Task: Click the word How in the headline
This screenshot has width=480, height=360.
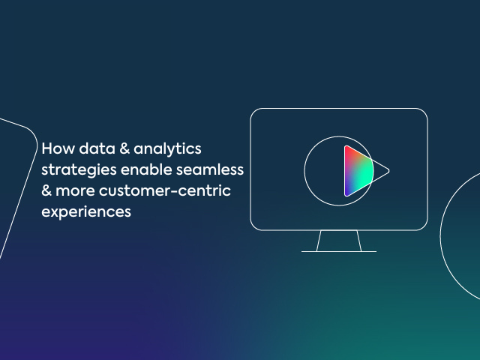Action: click(58, 148)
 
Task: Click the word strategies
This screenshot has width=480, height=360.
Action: click(79, 170)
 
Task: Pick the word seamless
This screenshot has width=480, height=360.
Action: click(210, 169)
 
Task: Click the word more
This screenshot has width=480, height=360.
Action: click(75, 191)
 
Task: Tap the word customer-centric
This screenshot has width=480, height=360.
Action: click(165, 190)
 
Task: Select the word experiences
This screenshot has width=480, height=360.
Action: click(86, 212)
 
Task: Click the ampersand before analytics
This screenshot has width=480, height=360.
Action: click(124, 148)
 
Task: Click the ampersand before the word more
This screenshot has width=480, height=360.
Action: click(46, 190)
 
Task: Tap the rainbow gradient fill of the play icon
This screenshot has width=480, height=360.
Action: click(358, 171)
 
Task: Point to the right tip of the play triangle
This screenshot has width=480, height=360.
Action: click(389, 171)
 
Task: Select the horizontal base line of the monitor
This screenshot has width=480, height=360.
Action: click(339, 252)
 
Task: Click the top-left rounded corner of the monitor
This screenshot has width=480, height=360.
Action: click(253, 112)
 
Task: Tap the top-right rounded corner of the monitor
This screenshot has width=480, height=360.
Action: click(424, 112)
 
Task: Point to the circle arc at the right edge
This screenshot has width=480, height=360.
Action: click(443, 235)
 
